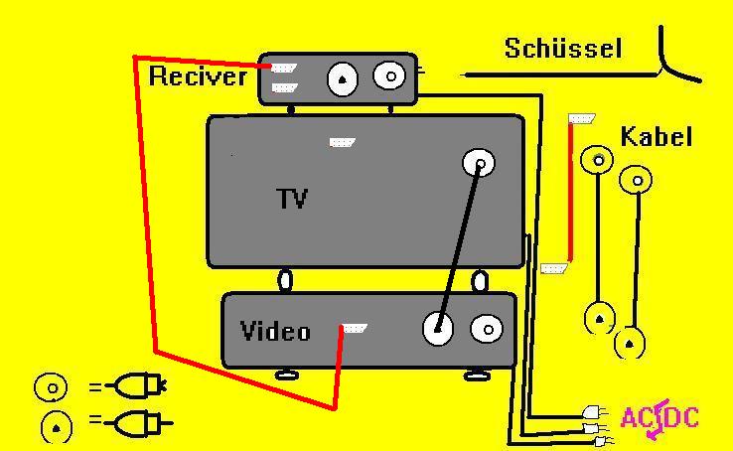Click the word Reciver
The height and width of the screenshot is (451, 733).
click(198, 75)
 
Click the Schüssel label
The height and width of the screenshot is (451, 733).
click(563, 48)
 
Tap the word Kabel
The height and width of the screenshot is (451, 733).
click(657, 137)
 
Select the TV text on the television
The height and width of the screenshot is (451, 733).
click(292, 198)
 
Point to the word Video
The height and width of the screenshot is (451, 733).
click(275, 331)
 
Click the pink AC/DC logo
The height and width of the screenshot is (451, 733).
click(660, 418)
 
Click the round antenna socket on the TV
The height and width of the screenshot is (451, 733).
click(479, 163)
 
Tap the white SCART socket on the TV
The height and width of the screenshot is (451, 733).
click(343, 142)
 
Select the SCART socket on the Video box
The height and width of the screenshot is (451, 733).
click(355, 328)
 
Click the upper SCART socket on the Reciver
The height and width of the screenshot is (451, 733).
click(284, 69)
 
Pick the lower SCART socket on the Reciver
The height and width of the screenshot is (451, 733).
click(285, 87)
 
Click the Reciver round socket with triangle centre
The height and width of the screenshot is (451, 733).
click(343, 79)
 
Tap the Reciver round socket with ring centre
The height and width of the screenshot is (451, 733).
click(389, 75)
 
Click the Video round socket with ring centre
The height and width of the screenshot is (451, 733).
click(487, 329)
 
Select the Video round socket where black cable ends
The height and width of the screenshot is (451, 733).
click(438, 329)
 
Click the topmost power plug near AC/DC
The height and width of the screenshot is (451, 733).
click(595, 411)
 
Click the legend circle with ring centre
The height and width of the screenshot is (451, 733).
click(51, 387)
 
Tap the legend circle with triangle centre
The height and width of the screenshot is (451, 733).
click(56, 427)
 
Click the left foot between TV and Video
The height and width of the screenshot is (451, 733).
click(285, 280)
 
